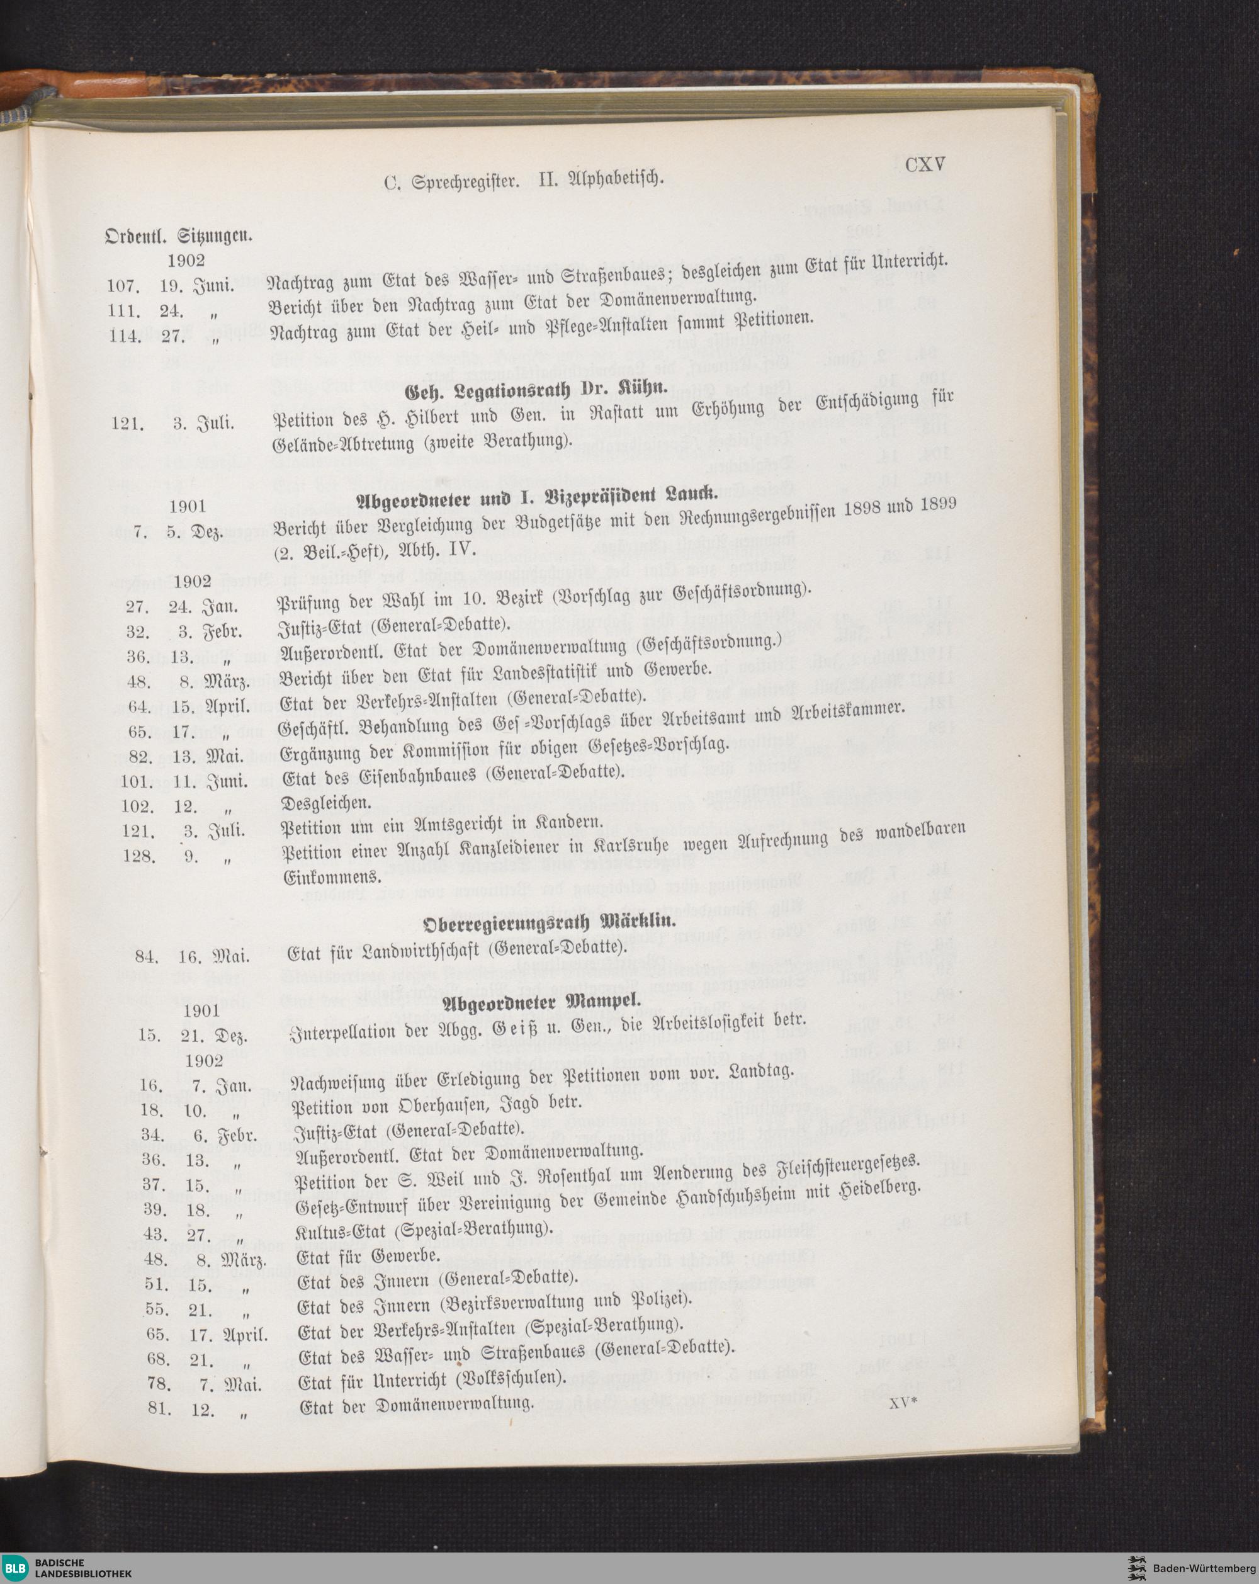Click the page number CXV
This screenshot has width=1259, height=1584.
pos(925,164)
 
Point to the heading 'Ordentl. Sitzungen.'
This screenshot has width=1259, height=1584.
pos(179,236)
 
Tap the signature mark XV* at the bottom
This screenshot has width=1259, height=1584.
pos(904,1403)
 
